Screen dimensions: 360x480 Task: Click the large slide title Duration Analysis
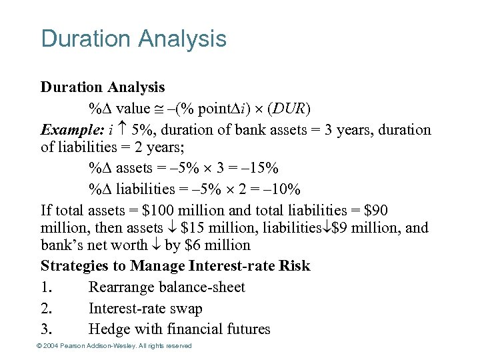pyautogui.click(x=133, y=39)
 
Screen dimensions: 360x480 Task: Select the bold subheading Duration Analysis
pyautogui.click(x=103, y=87)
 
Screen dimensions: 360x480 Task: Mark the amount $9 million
pyautogui.click(x=365, y=229)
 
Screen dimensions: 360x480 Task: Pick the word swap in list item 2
pyautogui.click(x=187, y=309)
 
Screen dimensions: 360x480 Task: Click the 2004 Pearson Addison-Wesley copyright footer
pyautogui.click(x=116, y=346)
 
